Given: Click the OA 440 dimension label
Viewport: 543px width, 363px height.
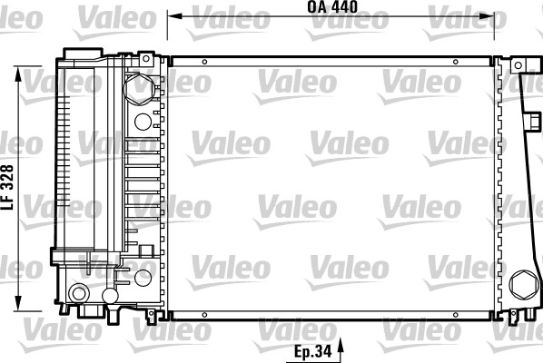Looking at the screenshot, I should pyautogui.click(x=331, y=7).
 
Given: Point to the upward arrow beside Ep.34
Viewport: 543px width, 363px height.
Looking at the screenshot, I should pyautogui.click(x=342, y=347).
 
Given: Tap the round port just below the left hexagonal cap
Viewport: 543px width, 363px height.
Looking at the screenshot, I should pyautogui.click(x=143, y=121).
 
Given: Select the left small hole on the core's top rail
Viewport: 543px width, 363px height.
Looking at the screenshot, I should pyautogui.click(x=204, y=61).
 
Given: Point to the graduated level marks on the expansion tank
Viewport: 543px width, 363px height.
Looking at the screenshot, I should pyautogui.click(x=64, y=154).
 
